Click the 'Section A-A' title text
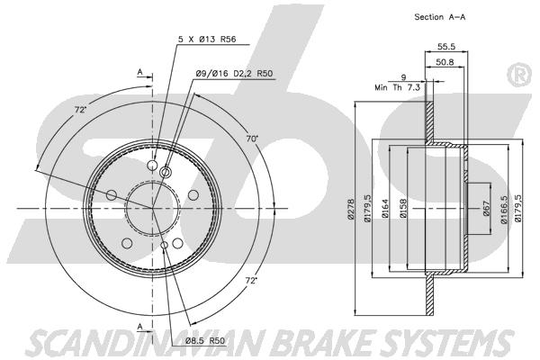pyautogui.click(x=440, y=17)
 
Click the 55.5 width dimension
pyautogui.click(x=446, y=46)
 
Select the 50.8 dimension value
pyautogui.click(x=445, y=62)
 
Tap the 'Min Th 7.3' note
pyautogui.click(x=397, y=87)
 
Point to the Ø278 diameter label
pyautogui.click(x=351, y=209)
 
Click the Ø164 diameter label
pyautogui.click(x=385, y=209)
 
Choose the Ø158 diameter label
pyautogui.click(x=403, y=209)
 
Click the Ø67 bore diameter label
pyautogui.click(x=486, y=209)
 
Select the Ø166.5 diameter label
pyautogui.click(x=504, y=209)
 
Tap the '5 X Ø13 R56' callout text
pyautogui.click(x=207, y=40)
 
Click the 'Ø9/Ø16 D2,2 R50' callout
pyautogui.click(x=234, y=74)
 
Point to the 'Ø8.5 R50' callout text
pyautogui.click(x=205, y=341)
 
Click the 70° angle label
pyautogui.click(x=252, y=139)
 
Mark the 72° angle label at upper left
pyautogui.click(x=80, y=110)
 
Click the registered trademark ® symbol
pyautogui.click(x=520, y=75)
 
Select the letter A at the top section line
pyautogui.click(x=139, y=72)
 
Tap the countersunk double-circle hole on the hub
pyautogui.click(x=166, y=171)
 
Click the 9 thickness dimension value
pyautogui.click(x=403, y=77)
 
